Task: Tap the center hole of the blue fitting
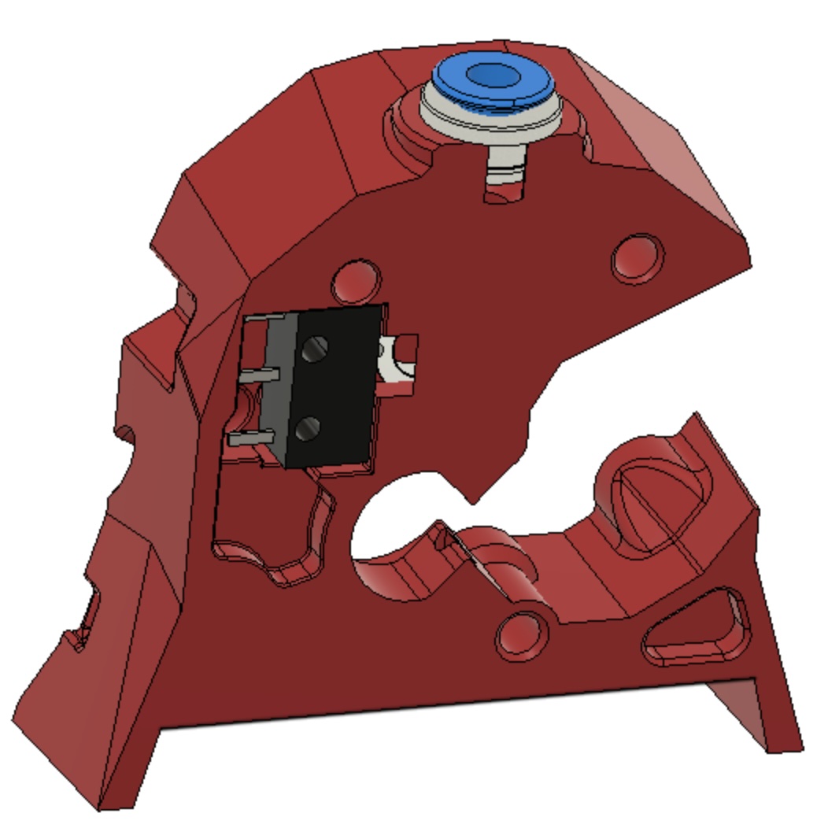point(490,75)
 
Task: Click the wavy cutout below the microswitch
point(272,535)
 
